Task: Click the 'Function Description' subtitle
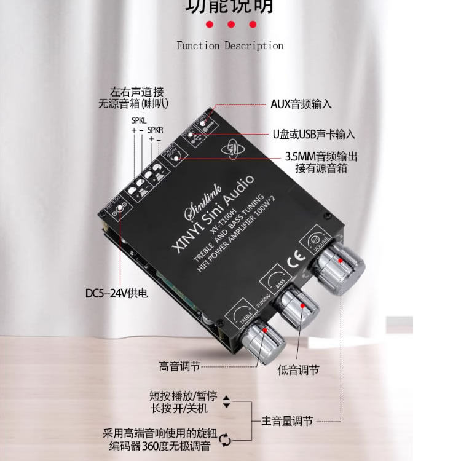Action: [230, 45]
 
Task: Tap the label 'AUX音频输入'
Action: [301, 104]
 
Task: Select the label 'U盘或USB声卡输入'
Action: [313, 134]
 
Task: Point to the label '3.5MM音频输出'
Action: [321, 157]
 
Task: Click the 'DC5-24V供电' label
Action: [116, 294]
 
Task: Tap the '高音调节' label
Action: [179, 367]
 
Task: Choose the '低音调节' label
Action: [298, 370]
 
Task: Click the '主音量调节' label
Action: [287, 421]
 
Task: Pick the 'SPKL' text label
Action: [139, 121]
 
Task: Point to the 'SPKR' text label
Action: [156, 130]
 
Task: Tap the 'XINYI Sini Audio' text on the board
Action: [211, 213]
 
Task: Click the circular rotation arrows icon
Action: [226, 438]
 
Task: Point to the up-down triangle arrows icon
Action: [226, 402]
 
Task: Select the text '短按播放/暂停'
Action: [184, 396]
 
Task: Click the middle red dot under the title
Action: [231, 25]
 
